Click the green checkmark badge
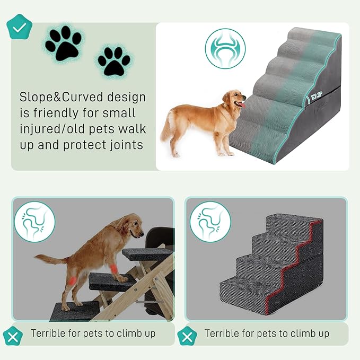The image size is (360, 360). (x=19, y=28)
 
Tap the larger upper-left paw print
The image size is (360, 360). (x=63, y=42)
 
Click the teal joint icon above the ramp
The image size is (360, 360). (x=225, y=48)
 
